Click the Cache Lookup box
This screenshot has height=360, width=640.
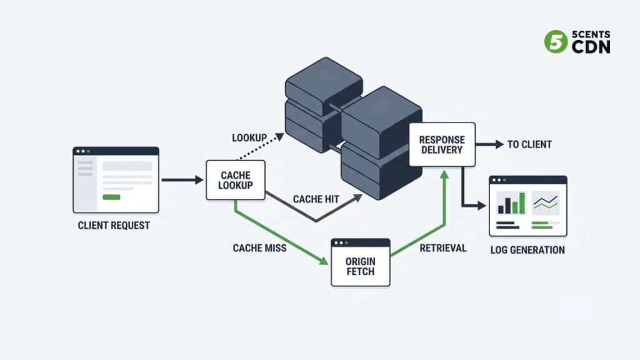point(236,180)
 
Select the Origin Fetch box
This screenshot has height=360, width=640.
point(360,266)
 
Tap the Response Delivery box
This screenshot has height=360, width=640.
point(442,144)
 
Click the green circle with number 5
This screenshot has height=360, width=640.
point(555,41)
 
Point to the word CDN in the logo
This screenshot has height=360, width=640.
point(591,47)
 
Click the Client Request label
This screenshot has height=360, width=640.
point(114,226)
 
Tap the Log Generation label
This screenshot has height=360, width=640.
point(528,250)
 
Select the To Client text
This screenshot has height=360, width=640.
point(529,144)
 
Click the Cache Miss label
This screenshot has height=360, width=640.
point(259,248)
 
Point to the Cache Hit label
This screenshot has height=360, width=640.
point(316,199)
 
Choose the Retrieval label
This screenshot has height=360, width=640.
point(442,248)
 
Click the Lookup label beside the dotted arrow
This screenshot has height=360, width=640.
point(250,137)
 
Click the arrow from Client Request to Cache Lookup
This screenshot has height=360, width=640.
point(181,180)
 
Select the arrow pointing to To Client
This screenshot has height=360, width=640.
point(489,144)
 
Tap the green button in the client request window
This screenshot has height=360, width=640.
point(111,197)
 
